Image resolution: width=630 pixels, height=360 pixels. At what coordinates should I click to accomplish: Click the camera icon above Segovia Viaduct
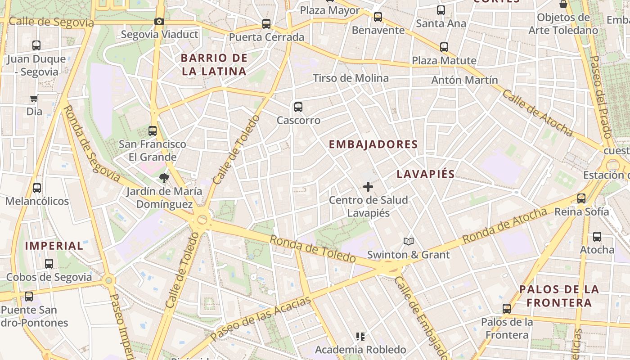(x=159, y=21)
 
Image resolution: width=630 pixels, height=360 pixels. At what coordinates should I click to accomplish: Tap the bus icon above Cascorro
(x=298, y=107)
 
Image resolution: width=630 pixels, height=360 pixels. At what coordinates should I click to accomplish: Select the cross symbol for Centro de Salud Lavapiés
(x=368, y=186)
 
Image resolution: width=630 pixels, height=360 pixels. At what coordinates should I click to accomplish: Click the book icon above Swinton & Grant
(x=408, y=242)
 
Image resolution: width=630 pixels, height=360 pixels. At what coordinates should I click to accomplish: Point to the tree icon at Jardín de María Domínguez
(x=164, y=178)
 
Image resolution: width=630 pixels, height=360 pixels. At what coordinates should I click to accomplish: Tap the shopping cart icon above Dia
(x=34, y=98)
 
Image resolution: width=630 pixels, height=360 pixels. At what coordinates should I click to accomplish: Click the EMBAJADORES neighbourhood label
(x=373, y=144)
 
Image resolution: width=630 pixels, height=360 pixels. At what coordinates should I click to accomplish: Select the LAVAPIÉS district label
(x=426, y=174)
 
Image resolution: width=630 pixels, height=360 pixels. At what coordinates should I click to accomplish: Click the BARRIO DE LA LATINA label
(x=214, y=64)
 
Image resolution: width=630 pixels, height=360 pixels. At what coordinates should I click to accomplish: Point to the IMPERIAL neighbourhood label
(x=54, y=246)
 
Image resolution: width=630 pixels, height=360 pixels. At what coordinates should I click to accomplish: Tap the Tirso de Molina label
(x=351, y=78)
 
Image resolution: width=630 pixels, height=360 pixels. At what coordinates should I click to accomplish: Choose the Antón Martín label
(x=464, y=80)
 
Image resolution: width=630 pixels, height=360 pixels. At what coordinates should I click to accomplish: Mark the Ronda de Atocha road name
(x=504, y=226)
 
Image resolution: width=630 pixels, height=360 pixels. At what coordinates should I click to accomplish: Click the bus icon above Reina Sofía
(x=581, y=198)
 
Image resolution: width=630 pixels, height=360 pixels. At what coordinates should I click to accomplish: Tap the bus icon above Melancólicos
(x=37, y=188)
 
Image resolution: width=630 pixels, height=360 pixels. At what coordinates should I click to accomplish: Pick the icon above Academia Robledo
(x=360, y=336)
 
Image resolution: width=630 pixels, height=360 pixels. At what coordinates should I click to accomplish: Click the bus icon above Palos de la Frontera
(x=507, y=308)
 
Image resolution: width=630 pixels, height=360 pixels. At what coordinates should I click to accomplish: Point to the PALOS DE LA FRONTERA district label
(x=559, y=296)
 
